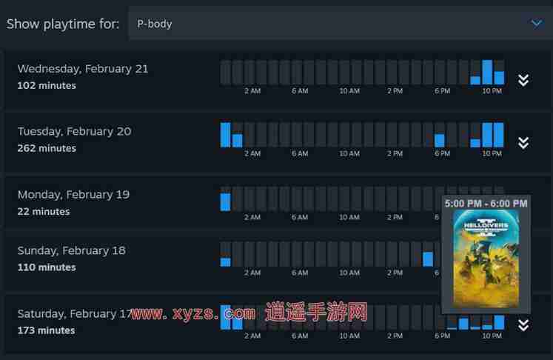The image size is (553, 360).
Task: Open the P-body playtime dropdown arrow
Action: coord(537,23)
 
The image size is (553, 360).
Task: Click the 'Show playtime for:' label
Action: coord(63,24)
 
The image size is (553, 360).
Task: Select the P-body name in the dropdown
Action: coord(155,24)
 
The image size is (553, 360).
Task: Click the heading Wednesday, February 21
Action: coord(83,69)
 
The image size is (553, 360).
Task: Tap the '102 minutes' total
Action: coord(47,85)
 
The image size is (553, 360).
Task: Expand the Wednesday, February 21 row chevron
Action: coord(523,80)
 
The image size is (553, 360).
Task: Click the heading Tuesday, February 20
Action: coord(74,131)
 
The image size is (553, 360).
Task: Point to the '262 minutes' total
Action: coord(47,148)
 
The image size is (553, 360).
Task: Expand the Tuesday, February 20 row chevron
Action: coord(523,142)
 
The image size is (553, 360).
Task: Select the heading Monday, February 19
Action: coord(73,194)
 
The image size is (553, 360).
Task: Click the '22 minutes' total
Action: coord(44,211)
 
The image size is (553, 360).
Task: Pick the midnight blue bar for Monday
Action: coord(226,201)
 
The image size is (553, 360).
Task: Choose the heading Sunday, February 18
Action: coord(72,250)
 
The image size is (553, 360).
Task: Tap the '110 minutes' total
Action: coord(47,267)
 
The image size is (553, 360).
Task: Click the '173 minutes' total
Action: coord(47,330)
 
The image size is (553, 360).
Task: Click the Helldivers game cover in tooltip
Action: coord(486,259)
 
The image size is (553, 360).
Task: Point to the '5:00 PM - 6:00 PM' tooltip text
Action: coord(486,202)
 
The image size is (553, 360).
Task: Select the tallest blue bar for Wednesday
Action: coord(487,73)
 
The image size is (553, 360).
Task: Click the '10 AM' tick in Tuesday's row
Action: coord(349,154)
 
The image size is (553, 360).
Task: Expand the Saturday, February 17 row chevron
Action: coord(523,324)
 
